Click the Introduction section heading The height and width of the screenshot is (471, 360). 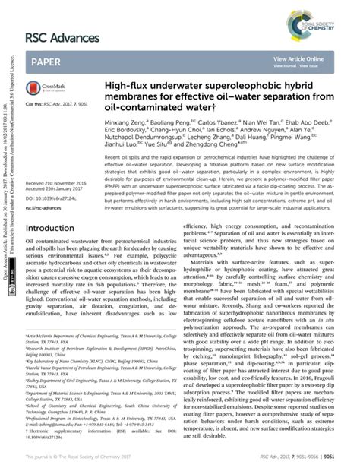tap(55, 228)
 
